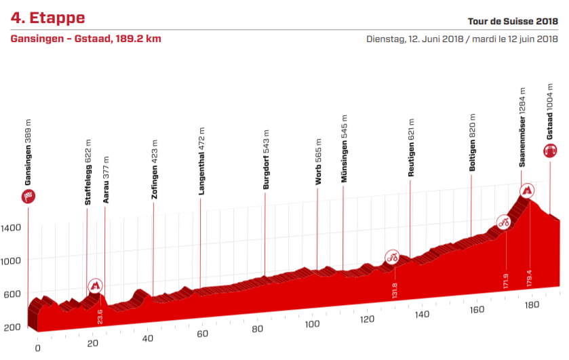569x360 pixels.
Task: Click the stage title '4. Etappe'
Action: [47, 17]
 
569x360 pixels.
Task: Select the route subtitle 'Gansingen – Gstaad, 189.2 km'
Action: [85, 39]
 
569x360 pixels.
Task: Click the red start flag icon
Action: [28, 197]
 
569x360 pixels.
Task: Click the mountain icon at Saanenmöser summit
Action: [526, 189]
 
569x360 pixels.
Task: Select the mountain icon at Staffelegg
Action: [96, 285]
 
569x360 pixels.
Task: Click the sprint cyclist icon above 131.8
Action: [391, 256]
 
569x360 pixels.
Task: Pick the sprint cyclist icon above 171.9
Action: [503, 221]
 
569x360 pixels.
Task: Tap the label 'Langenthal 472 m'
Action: [201, 160]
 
